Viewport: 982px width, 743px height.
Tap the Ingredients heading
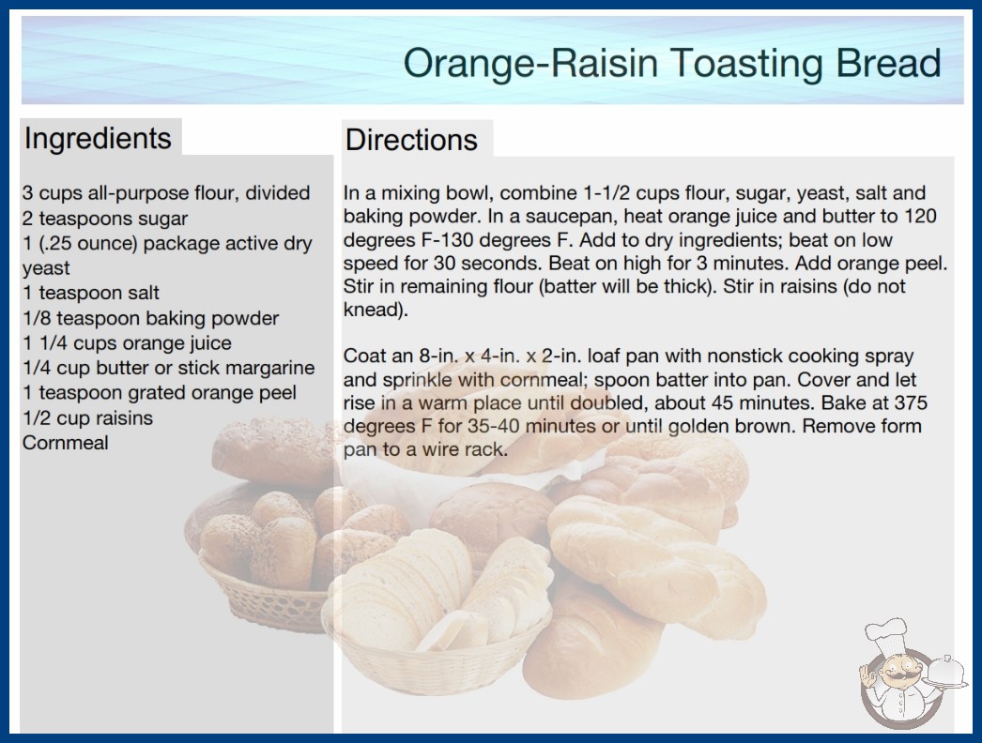click(98, 138)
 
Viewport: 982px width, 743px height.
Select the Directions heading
click(411, 140)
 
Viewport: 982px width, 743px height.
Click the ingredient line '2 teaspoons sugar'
click(105, 219)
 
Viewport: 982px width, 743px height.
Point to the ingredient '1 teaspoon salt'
click(91, 293)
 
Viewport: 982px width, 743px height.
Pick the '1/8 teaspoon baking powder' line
click(150, 318)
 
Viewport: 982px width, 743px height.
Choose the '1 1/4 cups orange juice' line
click(127, 343)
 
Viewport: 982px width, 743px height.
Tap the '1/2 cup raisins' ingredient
click(87, 418)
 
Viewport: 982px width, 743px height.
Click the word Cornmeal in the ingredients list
click(66, 443)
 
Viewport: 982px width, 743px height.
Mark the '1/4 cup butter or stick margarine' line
click(168, 368)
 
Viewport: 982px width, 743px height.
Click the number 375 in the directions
click(910, 402)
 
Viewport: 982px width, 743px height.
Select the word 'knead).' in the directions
click(376, 310)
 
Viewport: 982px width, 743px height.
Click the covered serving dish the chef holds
click(946, 673)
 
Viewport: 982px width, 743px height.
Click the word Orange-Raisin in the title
click(531, 63)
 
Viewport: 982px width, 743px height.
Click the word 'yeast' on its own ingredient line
click(46, 268)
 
